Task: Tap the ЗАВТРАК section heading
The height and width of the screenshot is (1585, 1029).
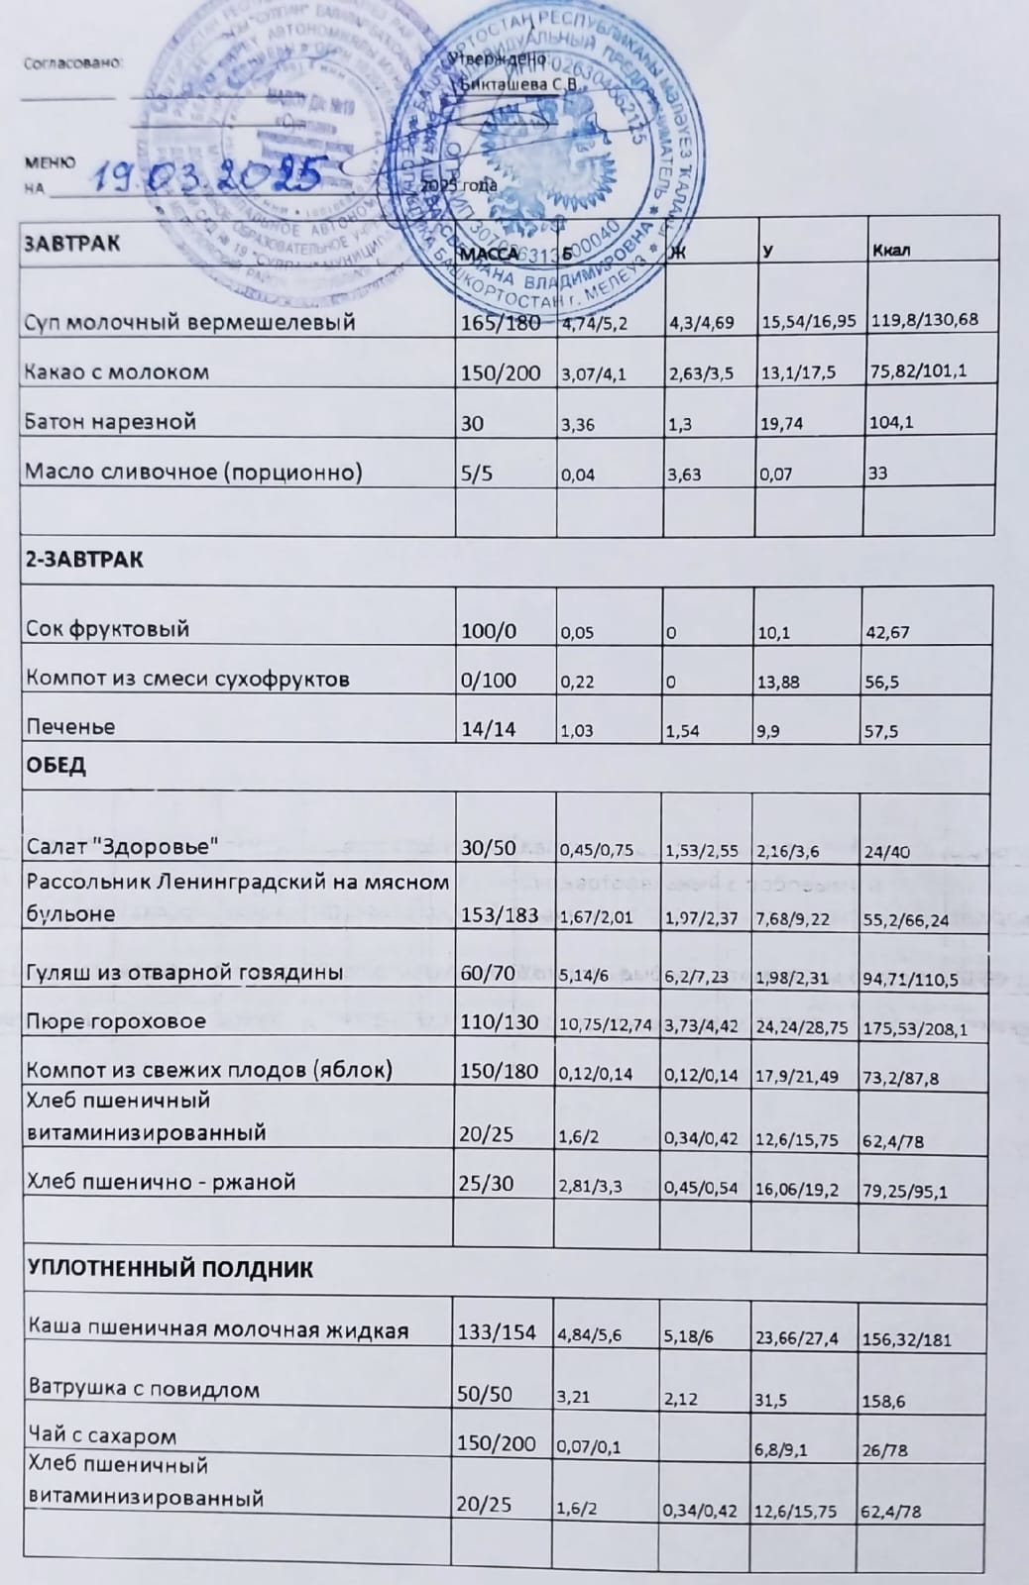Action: (72, 244)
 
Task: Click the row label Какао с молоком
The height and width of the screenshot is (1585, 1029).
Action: (117, 372)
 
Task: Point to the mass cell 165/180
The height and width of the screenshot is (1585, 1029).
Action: (501, 321)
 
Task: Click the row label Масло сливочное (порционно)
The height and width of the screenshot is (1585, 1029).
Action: (193, 472)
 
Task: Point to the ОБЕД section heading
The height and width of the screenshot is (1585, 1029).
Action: (56, 766)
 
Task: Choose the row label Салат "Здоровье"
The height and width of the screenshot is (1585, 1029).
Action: (123, 847)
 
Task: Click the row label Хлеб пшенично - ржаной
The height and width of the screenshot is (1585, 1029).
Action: (161, 1182)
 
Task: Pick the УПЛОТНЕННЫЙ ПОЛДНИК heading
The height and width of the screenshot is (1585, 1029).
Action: (171, 1269)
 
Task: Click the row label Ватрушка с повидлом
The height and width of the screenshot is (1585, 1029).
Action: (144, 1389)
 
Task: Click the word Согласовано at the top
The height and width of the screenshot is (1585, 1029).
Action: (72, 61)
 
